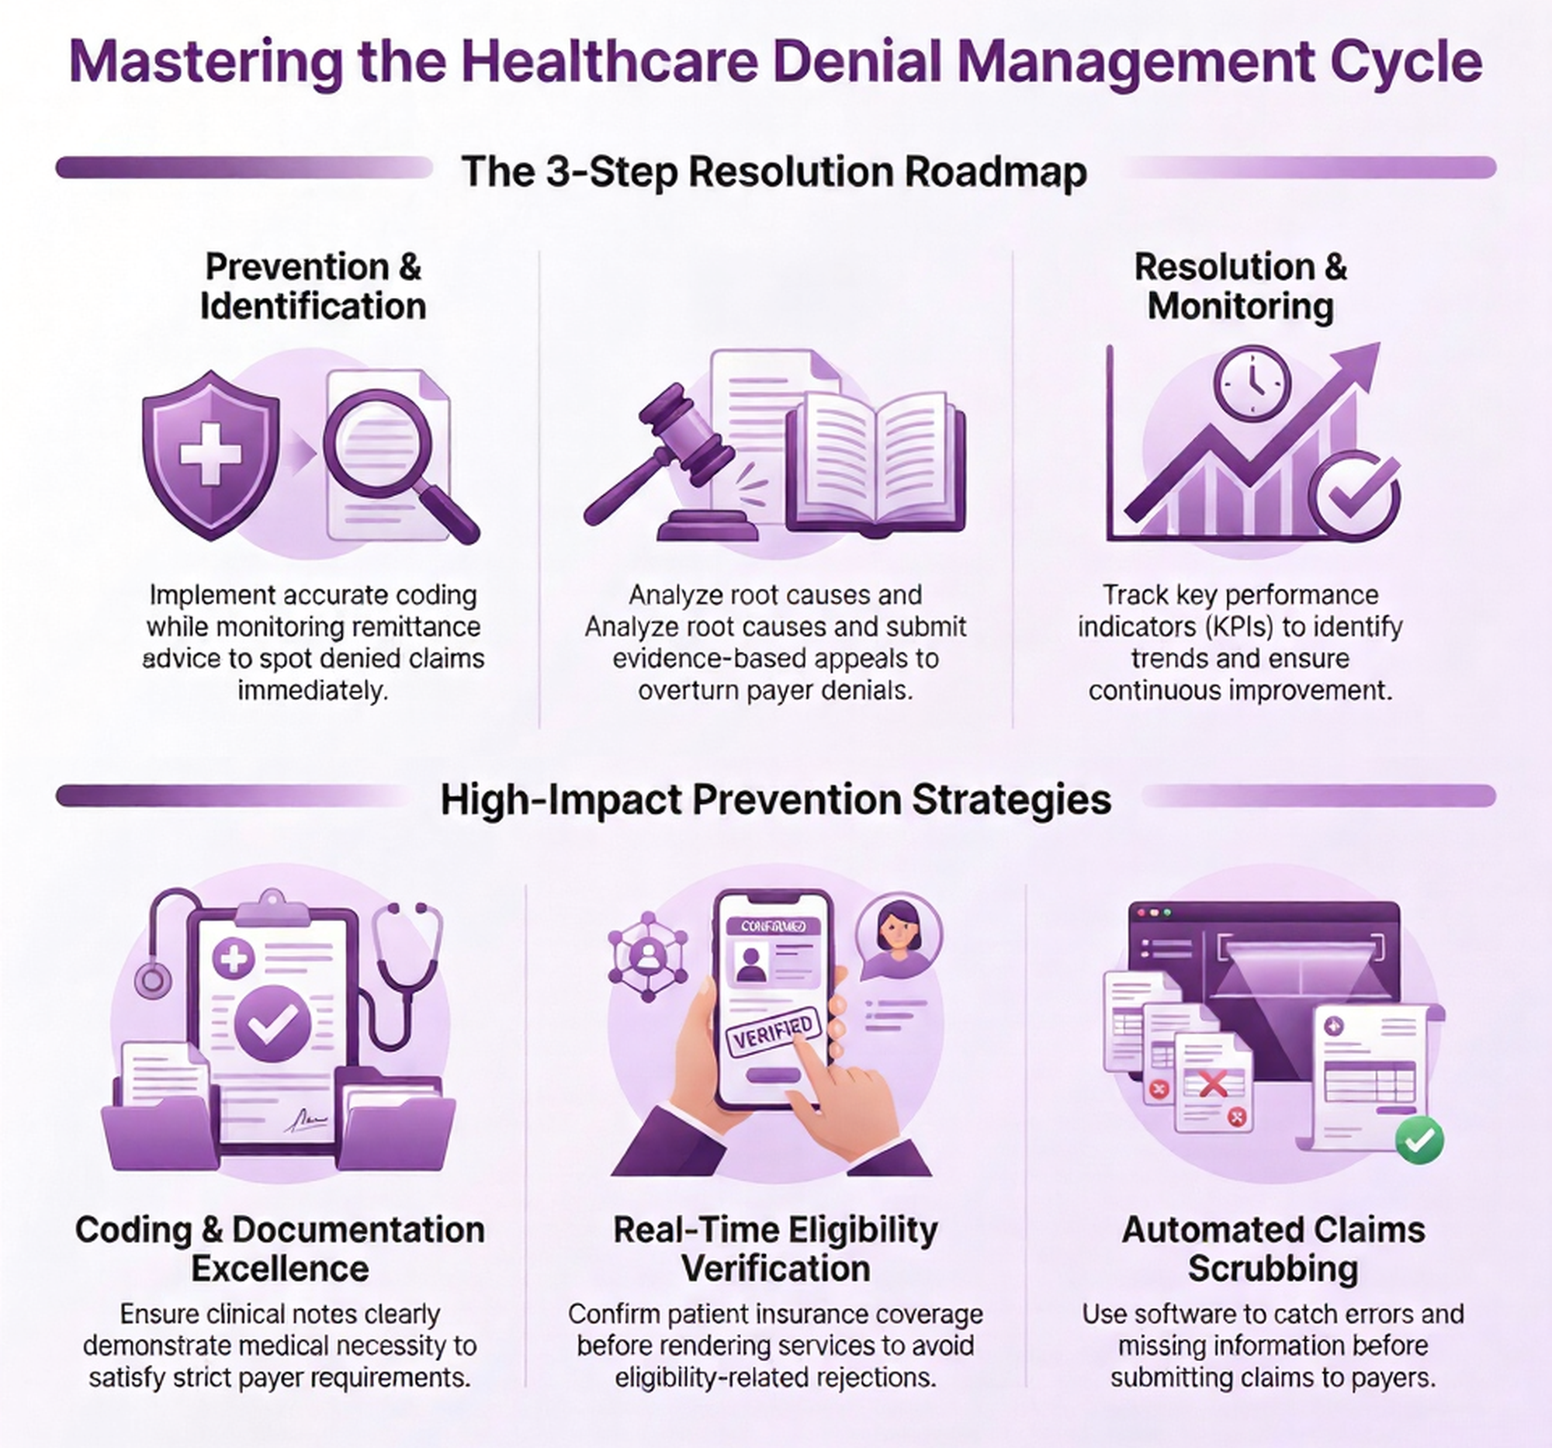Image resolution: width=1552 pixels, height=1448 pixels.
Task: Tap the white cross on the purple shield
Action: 210,452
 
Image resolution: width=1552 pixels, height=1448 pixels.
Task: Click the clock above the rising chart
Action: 1252,384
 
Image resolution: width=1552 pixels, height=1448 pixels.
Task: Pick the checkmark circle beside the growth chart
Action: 1354,497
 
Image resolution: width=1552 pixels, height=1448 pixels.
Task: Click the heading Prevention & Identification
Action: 313,286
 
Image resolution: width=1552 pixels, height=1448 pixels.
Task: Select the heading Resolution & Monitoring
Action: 1241,286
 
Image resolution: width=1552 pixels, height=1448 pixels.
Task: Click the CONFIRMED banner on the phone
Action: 773,927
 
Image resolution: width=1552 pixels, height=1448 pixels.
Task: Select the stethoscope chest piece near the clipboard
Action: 153,979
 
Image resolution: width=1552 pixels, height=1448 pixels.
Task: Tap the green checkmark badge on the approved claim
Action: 1419,1141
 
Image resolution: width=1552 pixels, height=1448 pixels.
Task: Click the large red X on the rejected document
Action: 1212,1083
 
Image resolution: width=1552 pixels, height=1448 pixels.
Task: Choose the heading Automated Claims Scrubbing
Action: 1273,1249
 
